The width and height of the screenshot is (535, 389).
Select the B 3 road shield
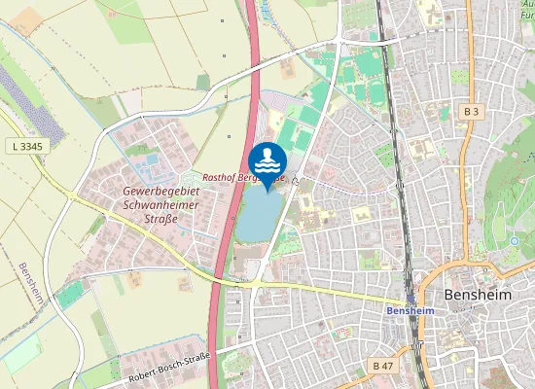click(472, 112)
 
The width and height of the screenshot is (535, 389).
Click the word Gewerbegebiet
click(161, 192)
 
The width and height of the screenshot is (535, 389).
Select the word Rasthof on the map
click(219, 179)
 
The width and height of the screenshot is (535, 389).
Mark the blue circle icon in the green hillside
click(514, 241)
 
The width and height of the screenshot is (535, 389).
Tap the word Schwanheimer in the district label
click(161, 205)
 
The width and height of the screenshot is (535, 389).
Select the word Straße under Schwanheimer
click(161, 219)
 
